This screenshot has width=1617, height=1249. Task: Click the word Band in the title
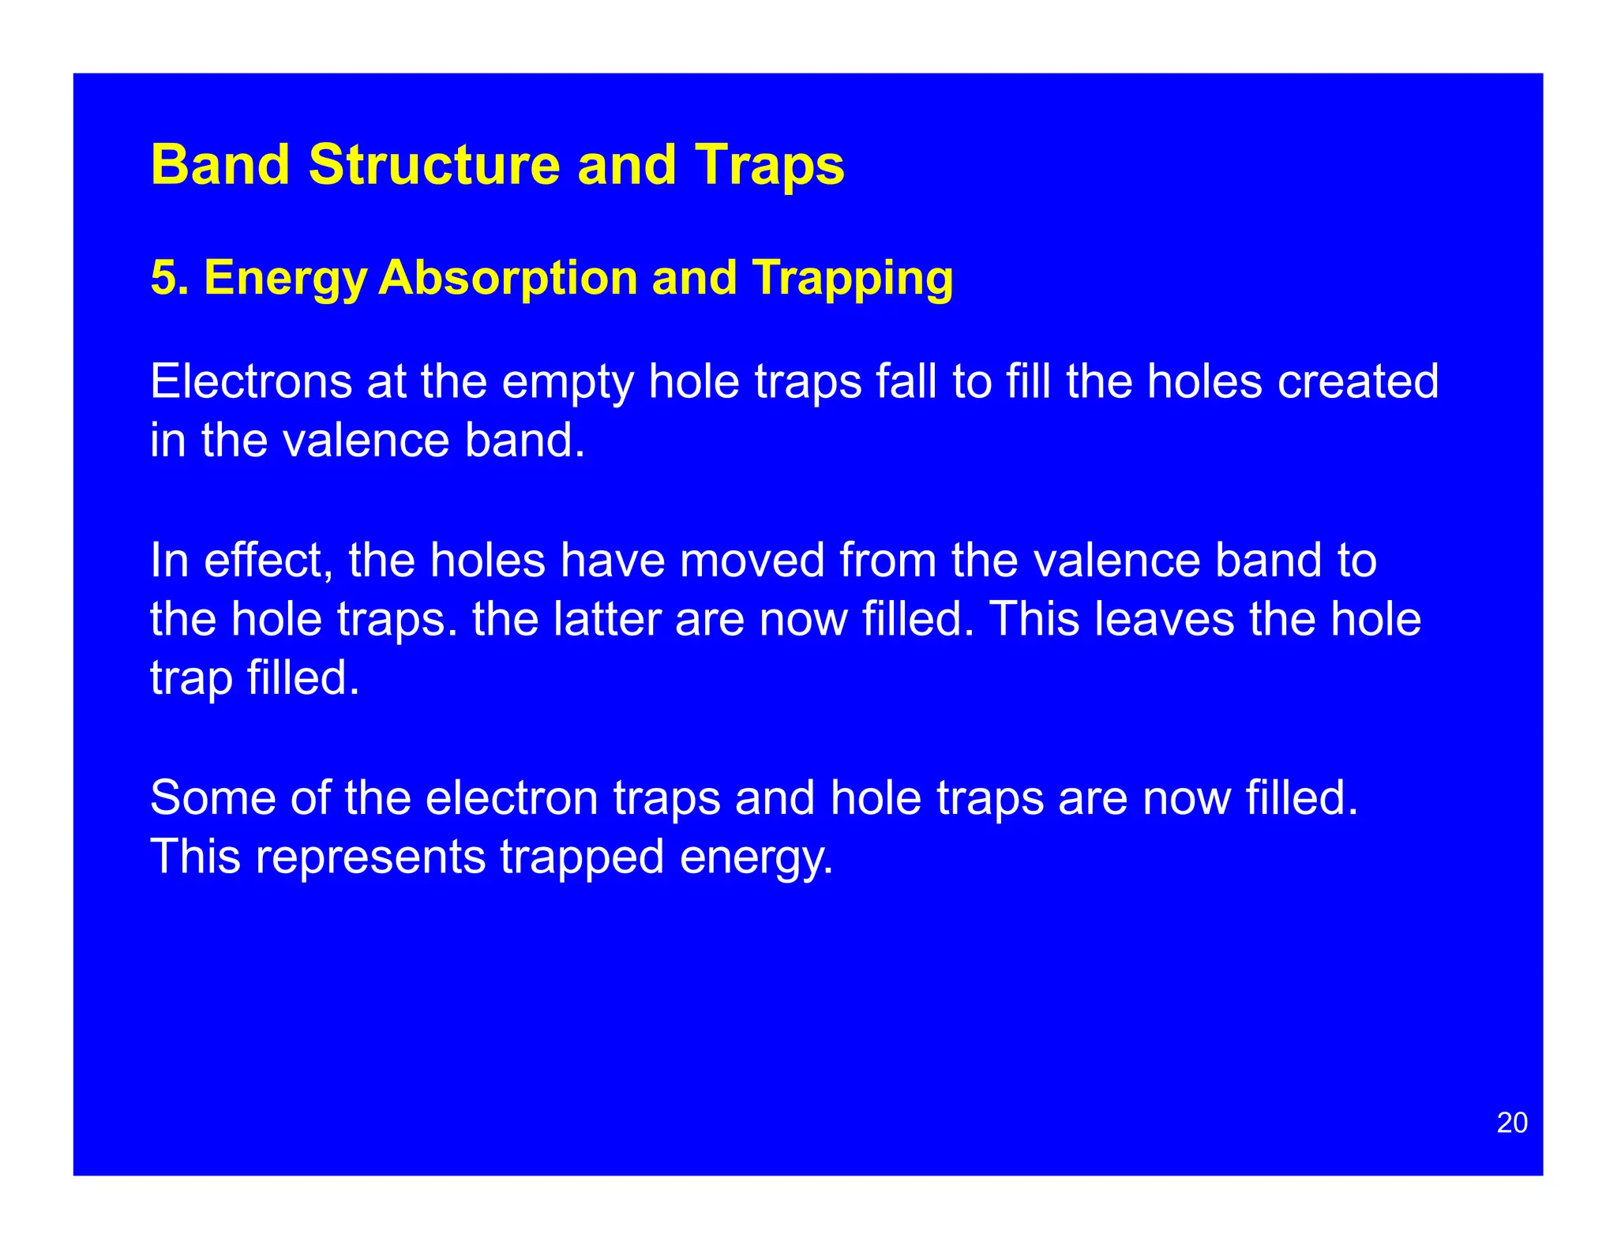[220, 165]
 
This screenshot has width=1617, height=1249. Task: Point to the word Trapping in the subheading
[853, 278]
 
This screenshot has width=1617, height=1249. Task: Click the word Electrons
[251, 381]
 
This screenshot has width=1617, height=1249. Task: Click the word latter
[607, 619]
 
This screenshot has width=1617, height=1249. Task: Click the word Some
[212, 797]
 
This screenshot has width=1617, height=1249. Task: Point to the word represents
[370, 857]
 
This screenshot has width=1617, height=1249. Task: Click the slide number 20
[1512, 1123]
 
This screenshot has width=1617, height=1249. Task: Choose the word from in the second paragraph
[887, 560]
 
